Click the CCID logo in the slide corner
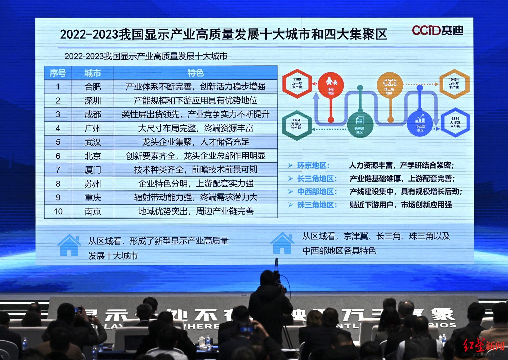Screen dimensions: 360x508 coord(437,30)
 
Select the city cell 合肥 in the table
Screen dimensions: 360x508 coord(93,87)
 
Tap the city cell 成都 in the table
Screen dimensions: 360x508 coord(93,114)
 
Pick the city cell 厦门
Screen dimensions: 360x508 coord(93,170)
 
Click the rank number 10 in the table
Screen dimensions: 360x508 coord(58,211)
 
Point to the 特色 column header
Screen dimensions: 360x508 coord(195,73)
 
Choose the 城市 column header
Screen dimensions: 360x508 coord(93,73)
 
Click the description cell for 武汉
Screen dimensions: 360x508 coord(195,142)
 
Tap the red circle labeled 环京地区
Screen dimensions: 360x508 coord(330,85)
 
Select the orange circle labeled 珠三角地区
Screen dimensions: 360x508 coord(389,85)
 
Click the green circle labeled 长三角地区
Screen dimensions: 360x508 coord(359,124)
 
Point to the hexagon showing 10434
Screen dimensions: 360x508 coord(454,84)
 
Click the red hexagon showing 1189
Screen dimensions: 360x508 coord(297,83)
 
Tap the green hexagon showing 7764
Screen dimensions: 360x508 coord(296,124)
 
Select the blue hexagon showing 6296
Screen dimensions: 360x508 coord(455,122)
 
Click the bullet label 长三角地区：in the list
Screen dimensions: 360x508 coord(317,179)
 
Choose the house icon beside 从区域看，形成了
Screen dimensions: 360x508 coord(69,245)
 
